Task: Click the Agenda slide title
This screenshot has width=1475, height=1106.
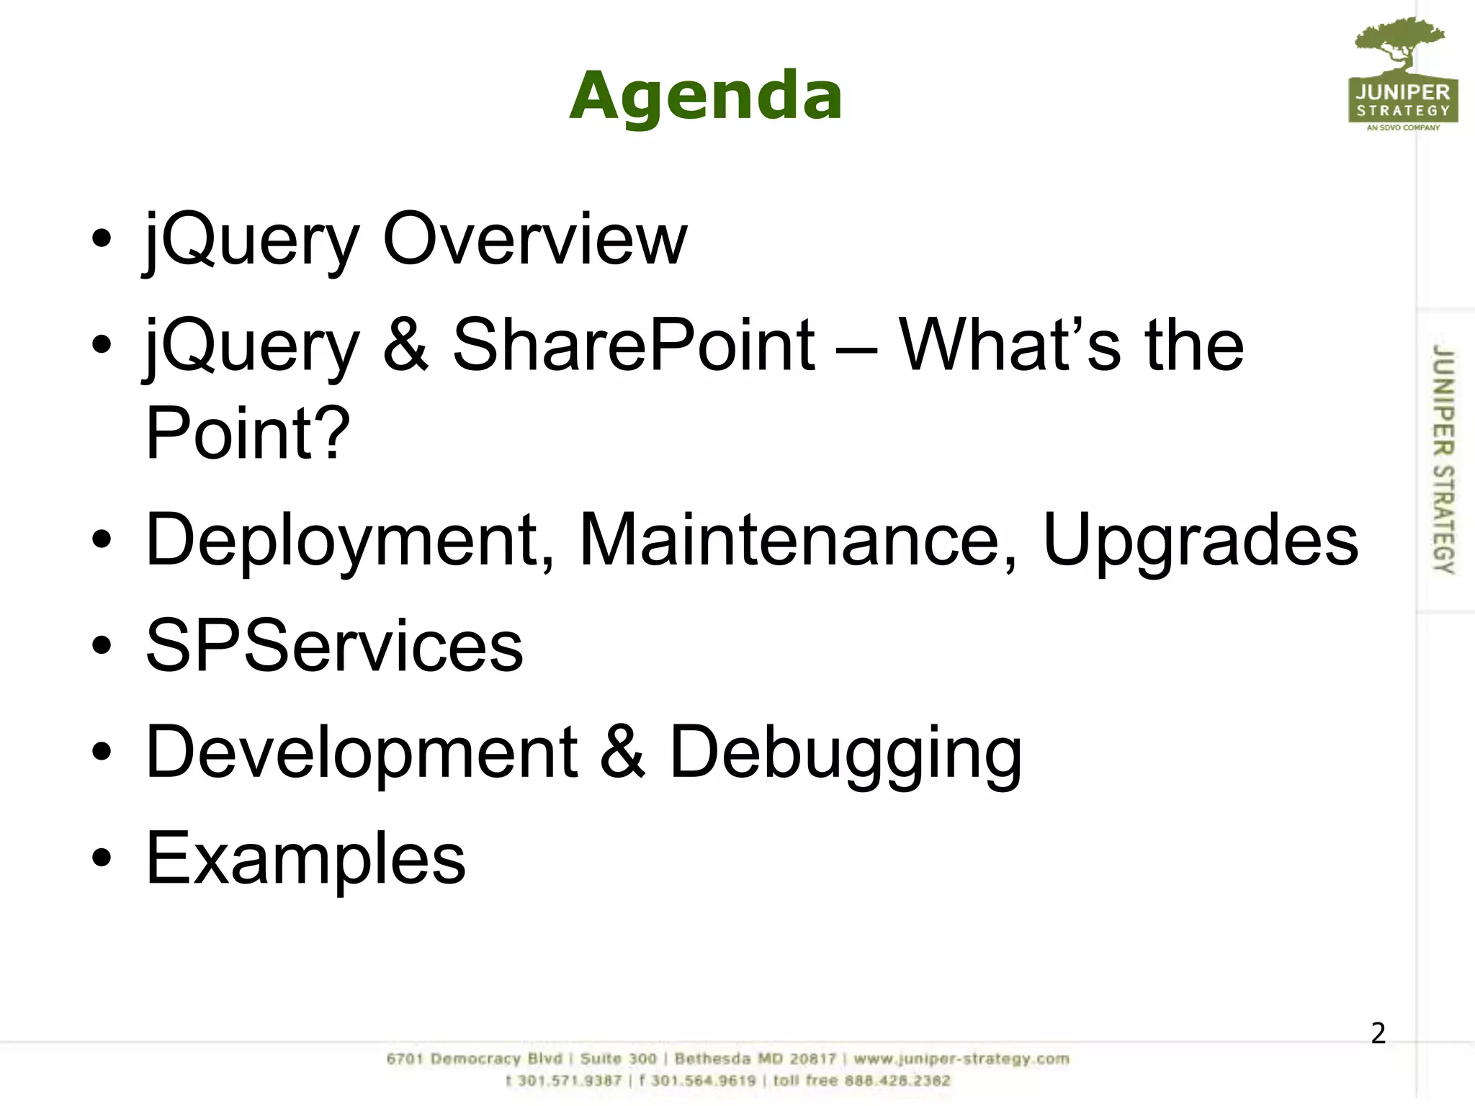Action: click(705, 96)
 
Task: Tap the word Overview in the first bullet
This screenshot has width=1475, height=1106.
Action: click(534, 239)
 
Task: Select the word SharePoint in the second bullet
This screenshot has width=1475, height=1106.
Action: click(633, 346)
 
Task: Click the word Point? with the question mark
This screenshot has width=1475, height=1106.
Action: click(247, 433)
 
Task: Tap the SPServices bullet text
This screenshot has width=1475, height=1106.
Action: click(334, 646)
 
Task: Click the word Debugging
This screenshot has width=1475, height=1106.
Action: click(846, 752)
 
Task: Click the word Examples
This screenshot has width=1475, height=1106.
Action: click(305, 858)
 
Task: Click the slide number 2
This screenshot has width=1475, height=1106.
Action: click(1378, 1033)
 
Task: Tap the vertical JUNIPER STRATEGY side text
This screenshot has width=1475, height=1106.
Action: click(1443, 459)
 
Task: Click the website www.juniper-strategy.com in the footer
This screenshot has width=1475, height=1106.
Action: click(961, 1059)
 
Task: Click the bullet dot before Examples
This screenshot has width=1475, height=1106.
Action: click(102, 858)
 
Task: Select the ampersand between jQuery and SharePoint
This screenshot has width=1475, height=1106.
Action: click(405, 346)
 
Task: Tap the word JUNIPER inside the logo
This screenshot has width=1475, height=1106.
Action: click(1402, 92)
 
